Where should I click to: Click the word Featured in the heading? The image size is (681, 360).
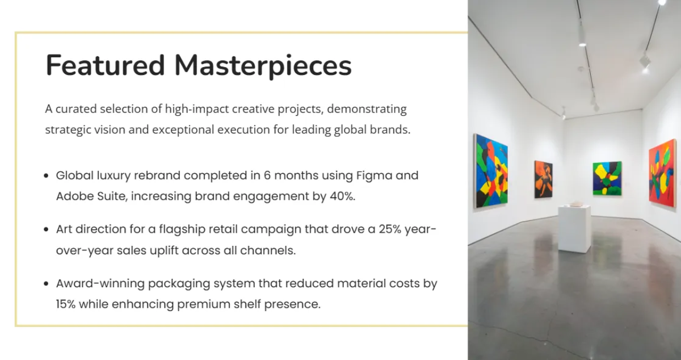click(105, 65)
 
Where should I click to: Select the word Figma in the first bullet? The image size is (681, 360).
click(374, 176)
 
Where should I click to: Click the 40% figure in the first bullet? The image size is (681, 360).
click(343, 196)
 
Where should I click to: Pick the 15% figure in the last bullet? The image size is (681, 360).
click(66, 304)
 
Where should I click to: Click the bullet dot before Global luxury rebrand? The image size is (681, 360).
click(46, 175)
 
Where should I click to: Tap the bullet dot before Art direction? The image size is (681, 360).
click(46, 229)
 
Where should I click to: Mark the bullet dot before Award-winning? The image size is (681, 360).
click(46, 283)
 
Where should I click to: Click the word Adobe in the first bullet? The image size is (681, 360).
click(75, 196)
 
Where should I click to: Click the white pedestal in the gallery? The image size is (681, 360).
click(574, 228)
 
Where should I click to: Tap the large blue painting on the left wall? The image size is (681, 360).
click(491, 171)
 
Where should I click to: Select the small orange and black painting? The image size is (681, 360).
click(544, 179)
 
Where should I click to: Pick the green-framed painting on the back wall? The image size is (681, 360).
click(607, 179)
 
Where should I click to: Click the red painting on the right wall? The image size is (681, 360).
click(663, 173)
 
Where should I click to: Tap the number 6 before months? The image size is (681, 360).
click(267, 175)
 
